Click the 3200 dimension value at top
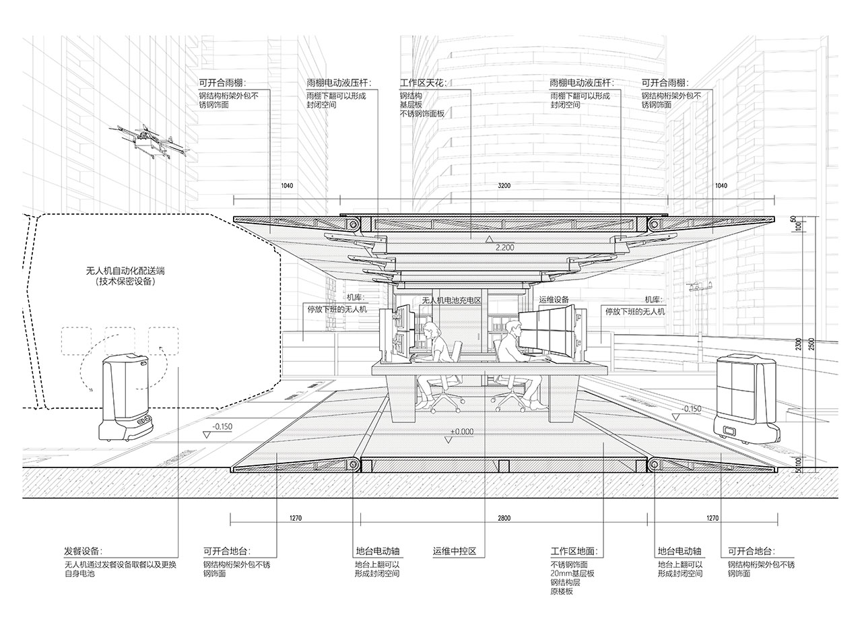click(x=504, y=186)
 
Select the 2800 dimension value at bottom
click(x=504, y=518)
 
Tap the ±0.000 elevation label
click(x=462, y=432)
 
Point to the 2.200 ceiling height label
click(x=505, y=248)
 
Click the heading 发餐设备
click(x=83, y=552)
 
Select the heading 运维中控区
click(x=455, y=552)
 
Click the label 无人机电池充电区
click(x=452, y=300)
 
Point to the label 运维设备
click(x=554, y=299)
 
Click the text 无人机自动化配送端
click(x=125, y=271)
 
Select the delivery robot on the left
click(x=126, y=398)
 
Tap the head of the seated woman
click(x=432, y=331)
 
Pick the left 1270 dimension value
click(x=296, y=518)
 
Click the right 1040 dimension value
click(x=721, y=186)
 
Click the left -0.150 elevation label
click(x=222, y=427)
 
